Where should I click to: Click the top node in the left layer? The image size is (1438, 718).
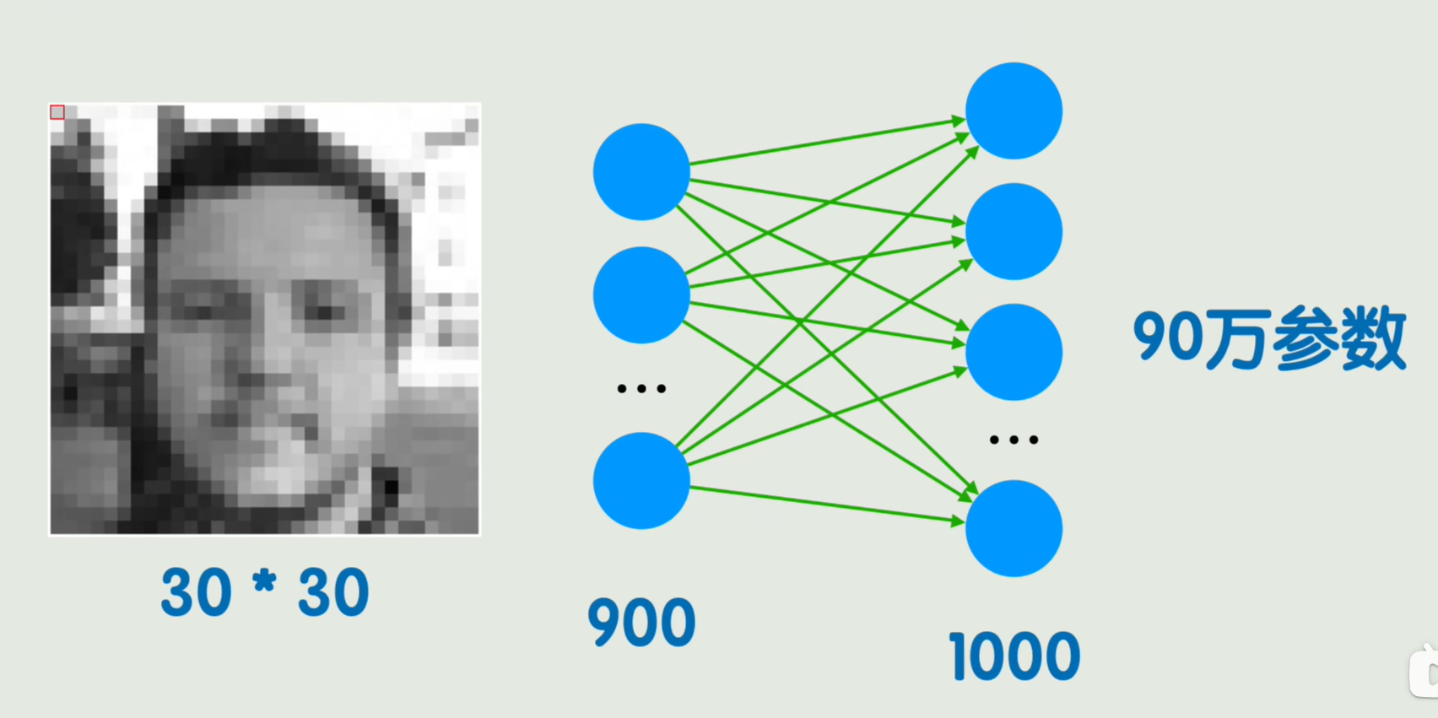pos(641,172)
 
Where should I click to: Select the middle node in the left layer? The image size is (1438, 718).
pos(641,295)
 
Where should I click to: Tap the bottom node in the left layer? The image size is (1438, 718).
pos(641,481)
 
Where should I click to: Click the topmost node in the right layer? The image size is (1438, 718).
pos(1014,111)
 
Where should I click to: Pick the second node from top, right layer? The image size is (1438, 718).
pos(1014,231)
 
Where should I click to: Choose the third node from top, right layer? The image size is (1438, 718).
pos(1014,352)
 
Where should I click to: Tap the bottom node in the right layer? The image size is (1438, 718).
pos(1014,528)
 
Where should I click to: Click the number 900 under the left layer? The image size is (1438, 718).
pos(641,623)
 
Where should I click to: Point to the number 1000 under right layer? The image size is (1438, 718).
pos(1014,656)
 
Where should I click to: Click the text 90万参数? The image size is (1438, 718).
pos(1269,339)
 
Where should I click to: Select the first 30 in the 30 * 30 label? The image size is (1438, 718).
pos(196,592)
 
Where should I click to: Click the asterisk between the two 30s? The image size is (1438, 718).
pos(264,582)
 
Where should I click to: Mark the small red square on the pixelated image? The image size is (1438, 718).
pos(57,112)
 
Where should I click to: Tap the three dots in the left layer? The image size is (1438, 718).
pos(641,389)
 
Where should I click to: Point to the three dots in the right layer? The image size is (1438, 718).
pos(1014,440)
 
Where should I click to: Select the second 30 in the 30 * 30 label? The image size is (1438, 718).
pos(333,592)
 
